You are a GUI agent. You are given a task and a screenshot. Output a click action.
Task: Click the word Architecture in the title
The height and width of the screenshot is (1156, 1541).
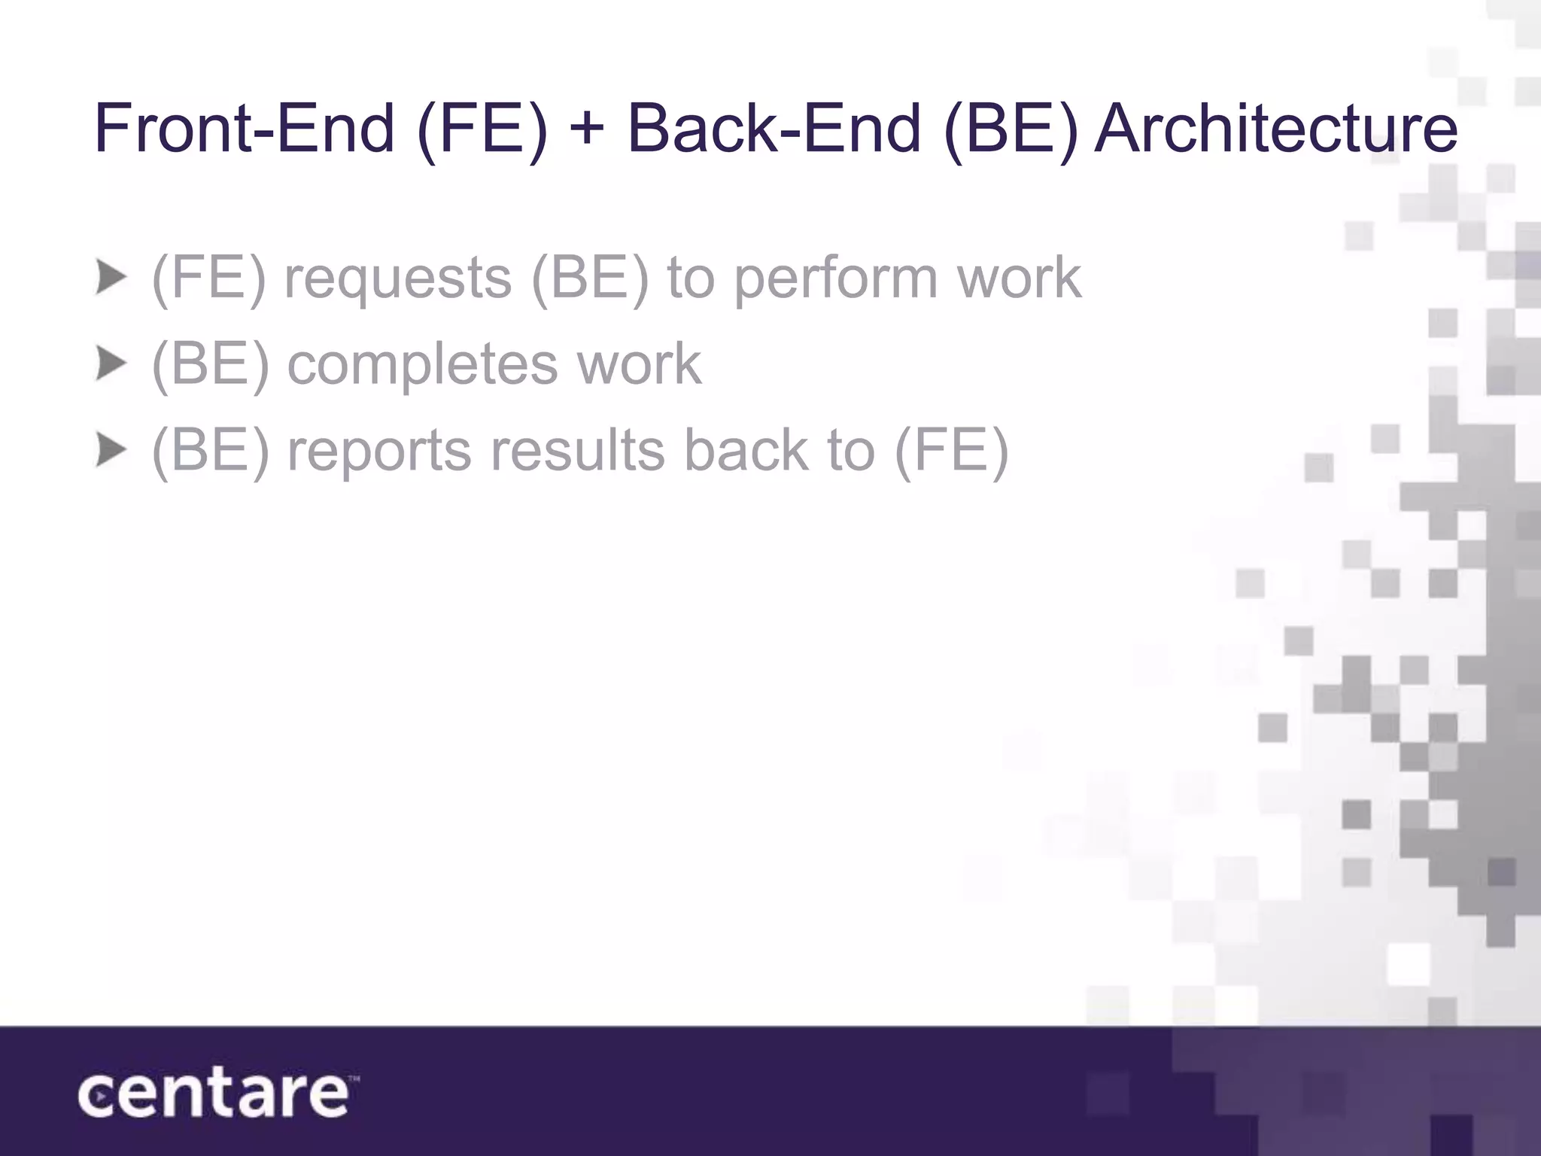[1275, 128]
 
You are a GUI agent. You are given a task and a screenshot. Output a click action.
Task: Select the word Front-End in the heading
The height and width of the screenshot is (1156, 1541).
[245, 128]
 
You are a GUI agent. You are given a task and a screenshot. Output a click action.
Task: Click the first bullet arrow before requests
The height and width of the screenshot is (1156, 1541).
[111, 278]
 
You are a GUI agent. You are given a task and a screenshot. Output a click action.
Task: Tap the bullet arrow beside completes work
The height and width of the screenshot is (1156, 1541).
[111, 365]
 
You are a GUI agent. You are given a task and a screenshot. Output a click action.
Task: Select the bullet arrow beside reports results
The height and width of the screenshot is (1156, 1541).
[111, 451]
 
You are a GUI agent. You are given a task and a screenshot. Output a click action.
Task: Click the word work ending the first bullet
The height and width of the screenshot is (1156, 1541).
[1019, 277]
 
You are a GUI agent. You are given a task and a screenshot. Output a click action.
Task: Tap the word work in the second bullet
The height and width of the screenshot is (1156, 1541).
[639, 364]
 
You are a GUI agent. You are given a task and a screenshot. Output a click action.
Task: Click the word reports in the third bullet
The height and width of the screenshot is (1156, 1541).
[379, 452]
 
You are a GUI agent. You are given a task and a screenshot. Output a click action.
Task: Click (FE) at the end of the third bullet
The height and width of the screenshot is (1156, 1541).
[951, 452]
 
